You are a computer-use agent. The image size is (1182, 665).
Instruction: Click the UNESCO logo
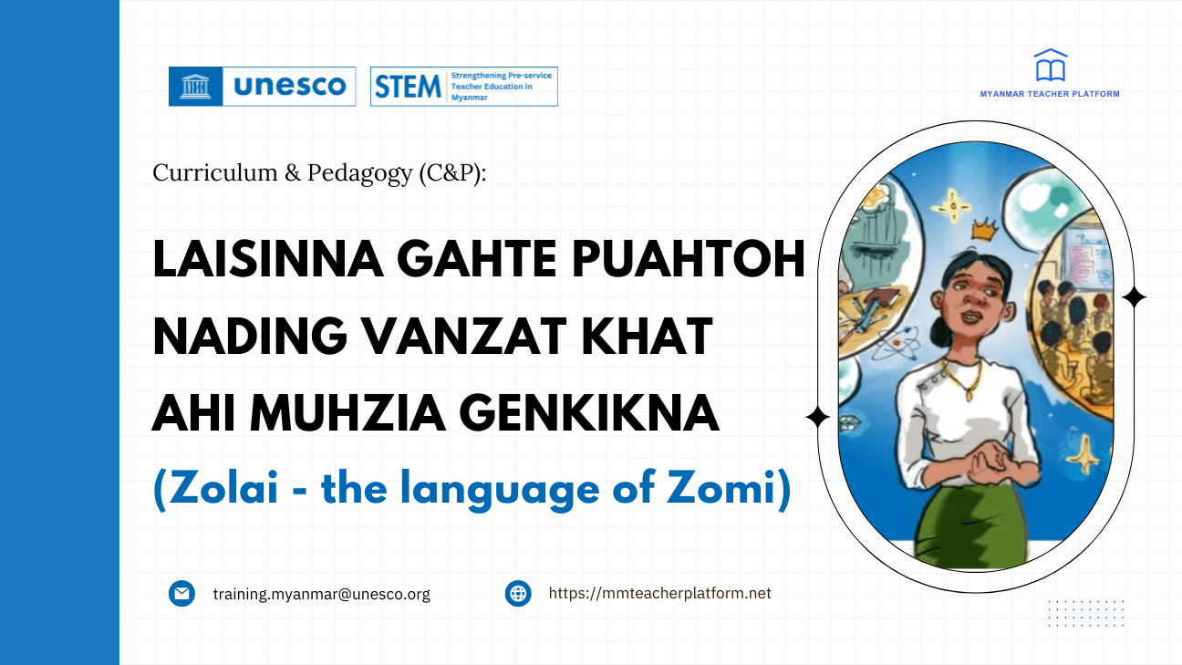click(262, 87)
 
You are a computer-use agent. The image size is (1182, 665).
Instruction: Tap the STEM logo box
click(463, 87)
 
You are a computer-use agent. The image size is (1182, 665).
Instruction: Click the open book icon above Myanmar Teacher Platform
click(1050, 66)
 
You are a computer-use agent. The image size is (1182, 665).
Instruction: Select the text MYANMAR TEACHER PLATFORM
click(1050, 94)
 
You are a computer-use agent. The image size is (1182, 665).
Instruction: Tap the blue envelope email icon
click(182, 594)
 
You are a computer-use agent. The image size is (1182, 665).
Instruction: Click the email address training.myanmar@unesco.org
click(322, 594)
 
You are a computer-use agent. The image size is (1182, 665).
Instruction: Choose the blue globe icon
click(518, 594)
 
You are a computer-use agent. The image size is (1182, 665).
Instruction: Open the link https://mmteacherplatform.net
click(659, 594)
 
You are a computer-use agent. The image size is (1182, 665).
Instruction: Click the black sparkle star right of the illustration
click(1134, 297)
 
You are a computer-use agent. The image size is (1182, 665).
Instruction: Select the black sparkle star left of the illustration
click(818, 418)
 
